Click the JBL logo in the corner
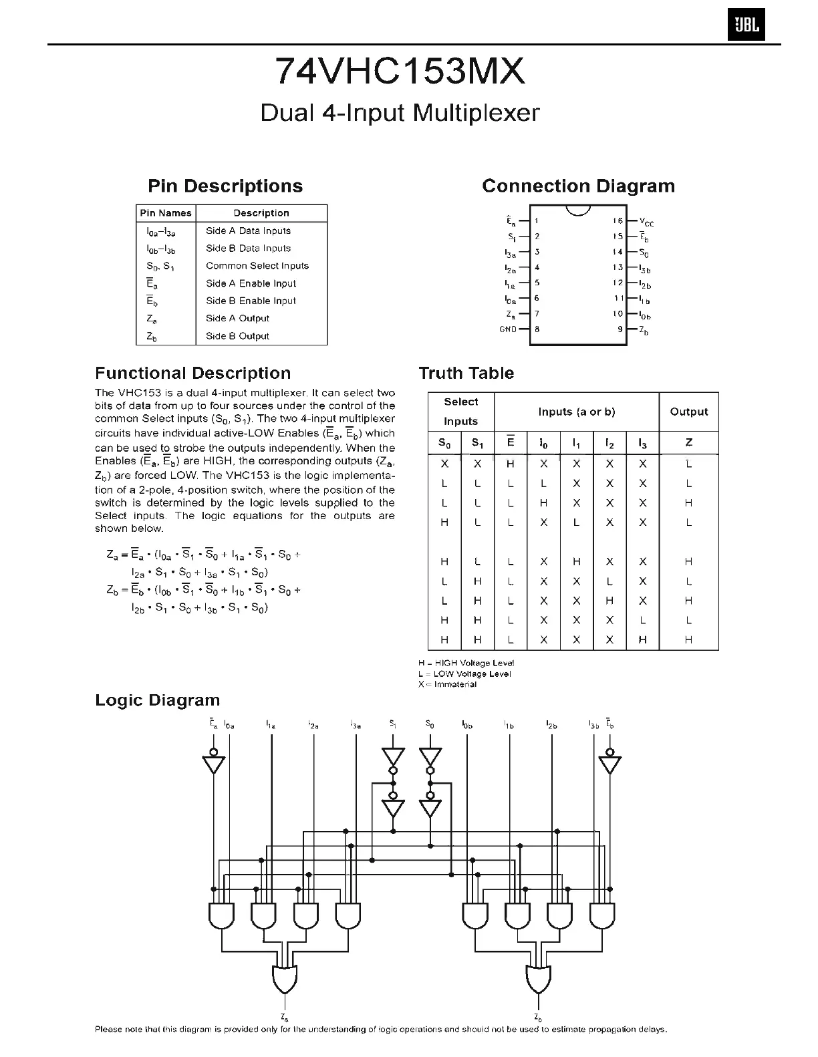745,26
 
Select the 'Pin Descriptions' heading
225,186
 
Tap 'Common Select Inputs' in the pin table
257,265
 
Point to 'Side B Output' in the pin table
237,336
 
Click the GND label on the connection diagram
508,329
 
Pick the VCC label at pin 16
646,222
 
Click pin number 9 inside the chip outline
620,329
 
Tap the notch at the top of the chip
578,210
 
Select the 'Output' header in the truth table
688,412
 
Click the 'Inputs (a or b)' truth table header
576,412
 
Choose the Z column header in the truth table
688,442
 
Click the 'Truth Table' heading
466,373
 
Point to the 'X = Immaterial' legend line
448,684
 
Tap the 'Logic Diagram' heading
157,700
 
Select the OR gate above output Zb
538,980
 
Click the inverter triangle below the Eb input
609,764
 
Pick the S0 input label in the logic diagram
430,724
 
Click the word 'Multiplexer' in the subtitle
476,112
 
